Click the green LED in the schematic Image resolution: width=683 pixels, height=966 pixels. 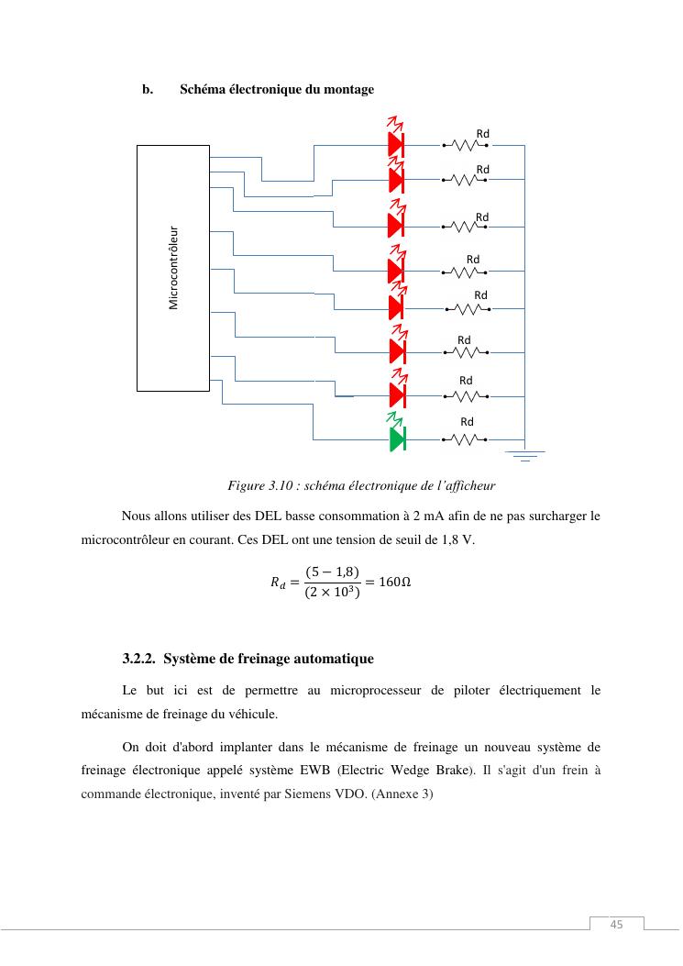[x=397, y=439]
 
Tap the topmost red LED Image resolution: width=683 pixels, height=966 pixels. [x=397, y=144]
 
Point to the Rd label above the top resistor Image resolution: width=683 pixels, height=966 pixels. [x=482, y=133]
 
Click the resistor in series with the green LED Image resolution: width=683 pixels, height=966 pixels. [x=466, y=439]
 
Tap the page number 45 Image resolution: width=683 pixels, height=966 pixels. [x=616, y=924]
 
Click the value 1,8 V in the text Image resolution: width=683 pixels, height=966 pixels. [x=457, y=539]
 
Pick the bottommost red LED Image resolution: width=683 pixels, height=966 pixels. [x=397, y=395]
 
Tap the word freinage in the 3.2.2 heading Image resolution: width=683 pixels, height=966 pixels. [x=246, y=659]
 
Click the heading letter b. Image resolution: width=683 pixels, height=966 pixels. [x=146, y=89]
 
